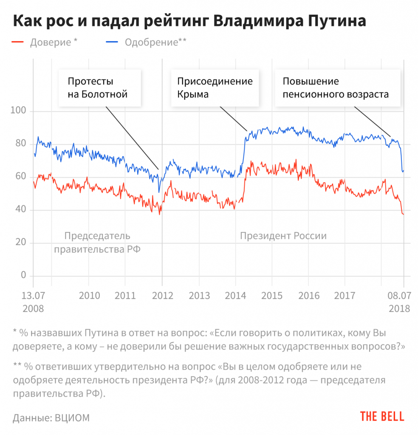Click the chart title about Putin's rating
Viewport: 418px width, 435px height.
click(x=189, y=21)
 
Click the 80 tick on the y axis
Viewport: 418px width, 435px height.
click(x=20, y=144)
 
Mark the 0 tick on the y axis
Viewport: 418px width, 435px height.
click(x=24, y=275)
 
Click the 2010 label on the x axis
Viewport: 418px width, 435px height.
click(x=89, y=296)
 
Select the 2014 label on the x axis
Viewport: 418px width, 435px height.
click(x=236, y=296)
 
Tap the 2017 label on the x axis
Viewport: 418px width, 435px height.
click(x=345, y=296)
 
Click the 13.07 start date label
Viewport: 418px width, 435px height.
click(x=33, y=296)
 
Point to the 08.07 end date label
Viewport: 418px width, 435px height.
click(x=399, y=296)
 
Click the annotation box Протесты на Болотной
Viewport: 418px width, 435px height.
click(x=98, y=88)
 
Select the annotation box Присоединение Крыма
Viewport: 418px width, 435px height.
click(x=215, y=88)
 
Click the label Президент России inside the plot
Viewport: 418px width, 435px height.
click(x=283, y=236)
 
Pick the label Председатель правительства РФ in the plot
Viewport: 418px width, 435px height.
click(x=97, y=243)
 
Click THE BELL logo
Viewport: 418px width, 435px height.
click(x=382, y=416)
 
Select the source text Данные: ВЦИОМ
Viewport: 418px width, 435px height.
click(x=51, y=418)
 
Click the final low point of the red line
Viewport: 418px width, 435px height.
click(x=403, y=214)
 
